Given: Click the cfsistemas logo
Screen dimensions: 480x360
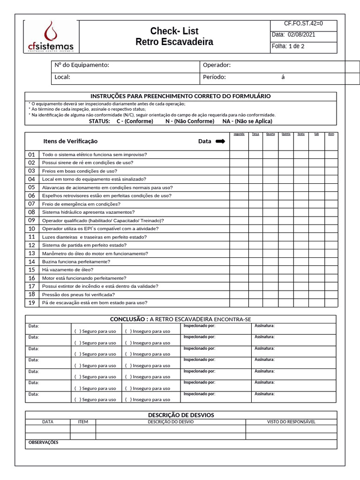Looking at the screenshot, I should [x=51, y=37].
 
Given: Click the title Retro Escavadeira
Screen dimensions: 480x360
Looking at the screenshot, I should [x=174, y=42].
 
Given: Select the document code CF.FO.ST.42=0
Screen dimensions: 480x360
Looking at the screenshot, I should [x=303, y=23].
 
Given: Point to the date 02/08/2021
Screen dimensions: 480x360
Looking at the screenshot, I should [x=301, y=35].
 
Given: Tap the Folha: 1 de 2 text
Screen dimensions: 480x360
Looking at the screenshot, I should [x=288, y=46].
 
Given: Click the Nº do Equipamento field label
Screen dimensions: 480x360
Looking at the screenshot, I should [x=82, y=65].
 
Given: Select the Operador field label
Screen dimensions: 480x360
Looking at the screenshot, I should [x=217, y=65].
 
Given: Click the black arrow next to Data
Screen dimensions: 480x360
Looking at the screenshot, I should [x=220, y=141].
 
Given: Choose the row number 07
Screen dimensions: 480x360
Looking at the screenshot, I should [x=32, y=204].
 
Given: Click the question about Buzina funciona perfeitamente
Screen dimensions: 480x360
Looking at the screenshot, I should [x=76, y=262].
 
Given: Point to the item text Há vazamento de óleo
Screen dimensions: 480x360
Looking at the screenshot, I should [x=67, y=270].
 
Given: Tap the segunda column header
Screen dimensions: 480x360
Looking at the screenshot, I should [x=239, y=134].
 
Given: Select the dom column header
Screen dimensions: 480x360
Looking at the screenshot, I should [x=331, y=134].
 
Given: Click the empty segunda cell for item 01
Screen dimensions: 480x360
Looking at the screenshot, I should [x=239, y=155].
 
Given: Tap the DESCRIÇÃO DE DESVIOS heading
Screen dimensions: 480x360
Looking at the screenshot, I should [x=181, y=415].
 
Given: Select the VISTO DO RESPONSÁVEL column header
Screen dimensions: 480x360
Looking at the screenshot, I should [x=291, y=422].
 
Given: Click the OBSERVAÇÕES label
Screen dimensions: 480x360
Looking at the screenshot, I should [x=44, y=442].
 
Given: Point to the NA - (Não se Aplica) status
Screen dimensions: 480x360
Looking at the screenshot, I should [x=247, y=121].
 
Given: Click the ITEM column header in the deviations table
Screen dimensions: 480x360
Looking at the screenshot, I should [x=83, y=422].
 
